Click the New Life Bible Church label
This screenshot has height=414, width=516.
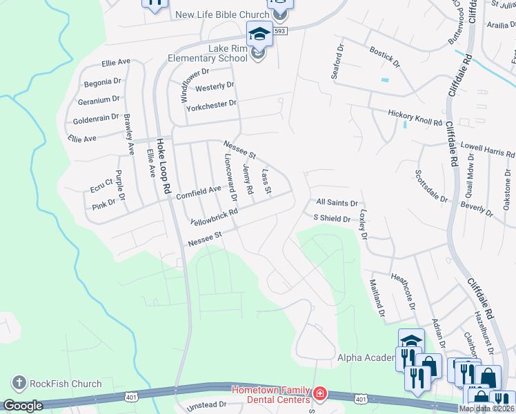(x=222, y=15)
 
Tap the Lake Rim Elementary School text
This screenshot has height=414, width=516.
(x=208, y=53)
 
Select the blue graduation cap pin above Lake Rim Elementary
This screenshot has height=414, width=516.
(x=259, y=33)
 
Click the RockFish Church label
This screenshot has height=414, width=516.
(x=66, y=384)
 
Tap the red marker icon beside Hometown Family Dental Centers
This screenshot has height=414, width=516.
(x=320, y=395)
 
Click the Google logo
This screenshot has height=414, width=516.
(x=23, y=406)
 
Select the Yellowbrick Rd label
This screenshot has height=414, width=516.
(x=214, y=218)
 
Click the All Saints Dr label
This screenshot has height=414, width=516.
(x=337, y=204)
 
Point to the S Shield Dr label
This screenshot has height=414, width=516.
(x=332, y=219)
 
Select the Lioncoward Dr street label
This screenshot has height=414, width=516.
(x=230, y=177)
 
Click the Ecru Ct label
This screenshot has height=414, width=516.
(x=101, y=184)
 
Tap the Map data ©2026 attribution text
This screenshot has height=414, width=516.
(x=486, y=408)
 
